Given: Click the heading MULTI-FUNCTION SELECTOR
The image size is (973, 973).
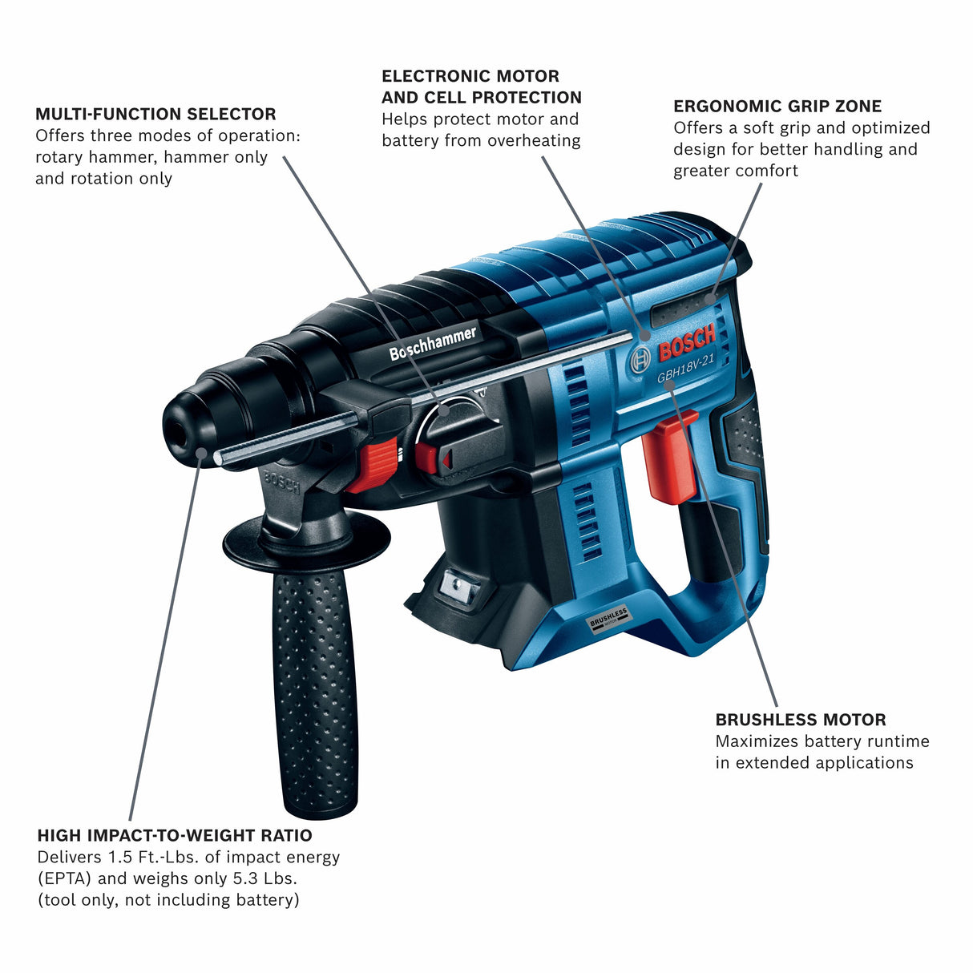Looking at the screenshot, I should tap(155, 115).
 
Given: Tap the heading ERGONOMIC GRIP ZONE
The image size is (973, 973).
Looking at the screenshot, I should tap(777, 107).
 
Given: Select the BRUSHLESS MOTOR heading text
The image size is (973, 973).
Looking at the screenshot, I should tap(800, 720).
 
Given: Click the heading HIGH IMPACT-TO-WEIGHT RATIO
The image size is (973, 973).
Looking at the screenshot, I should tap(174, 836).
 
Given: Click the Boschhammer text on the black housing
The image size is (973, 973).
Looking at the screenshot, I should tap(433, 343).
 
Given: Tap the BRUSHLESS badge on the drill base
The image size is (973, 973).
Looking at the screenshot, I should tap(608, 620).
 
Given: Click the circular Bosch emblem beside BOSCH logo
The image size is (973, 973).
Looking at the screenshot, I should tap(640, 360).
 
